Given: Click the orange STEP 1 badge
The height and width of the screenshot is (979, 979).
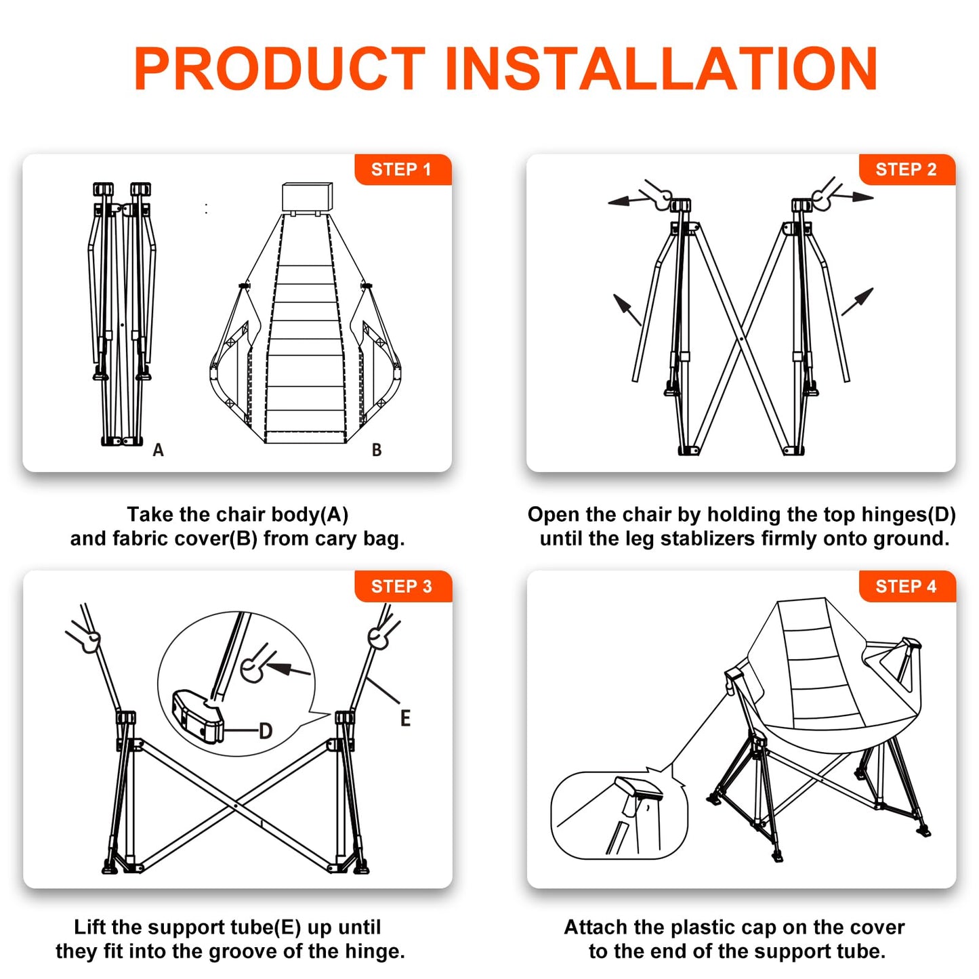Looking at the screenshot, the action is (402, 169).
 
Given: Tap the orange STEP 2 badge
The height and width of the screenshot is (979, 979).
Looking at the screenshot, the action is (907, 169).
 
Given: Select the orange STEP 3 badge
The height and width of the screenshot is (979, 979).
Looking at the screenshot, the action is (402, 586).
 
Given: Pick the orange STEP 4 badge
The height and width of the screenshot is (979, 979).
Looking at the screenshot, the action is (907, 586).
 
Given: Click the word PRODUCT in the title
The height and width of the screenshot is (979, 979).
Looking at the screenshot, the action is (279, 68).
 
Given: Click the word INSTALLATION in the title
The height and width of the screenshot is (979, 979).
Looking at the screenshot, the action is (661, 68).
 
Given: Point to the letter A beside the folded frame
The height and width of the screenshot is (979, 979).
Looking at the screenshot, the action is (159, 450).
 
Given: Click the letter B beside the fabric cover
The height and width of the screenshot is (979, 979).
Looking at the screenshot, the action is (377, 450).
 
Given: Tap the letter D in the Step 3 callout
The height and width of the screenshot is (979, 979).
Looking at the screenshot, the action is (266, 731).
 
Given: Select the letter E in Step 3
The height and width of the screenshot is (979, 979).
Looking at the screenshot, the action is (405, 718).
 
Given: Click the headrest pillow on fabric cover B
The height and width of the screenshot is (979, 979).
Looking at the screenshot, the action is (308, 196).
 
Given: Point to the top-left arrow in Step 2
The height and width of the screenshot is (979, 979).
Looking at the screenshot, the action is (629, 201).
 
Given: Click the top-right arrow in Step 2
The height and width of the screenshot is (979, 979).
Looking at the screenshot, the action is (852, 196).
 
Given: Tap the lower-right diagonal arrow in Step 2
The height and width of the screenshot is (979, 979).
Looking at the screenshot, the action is (858, 301).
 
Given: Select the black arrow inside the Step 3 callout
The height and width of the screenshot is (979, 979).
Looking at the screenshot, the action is (288, 669).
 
